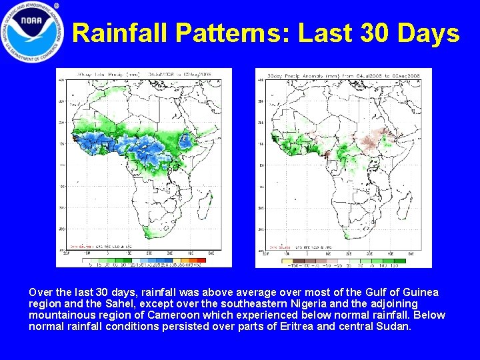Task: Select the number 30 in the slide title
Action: pos(375,33)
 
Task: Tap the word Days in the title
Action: pos(431,33)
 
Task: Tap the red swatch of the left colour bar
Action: pos(200,260)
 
